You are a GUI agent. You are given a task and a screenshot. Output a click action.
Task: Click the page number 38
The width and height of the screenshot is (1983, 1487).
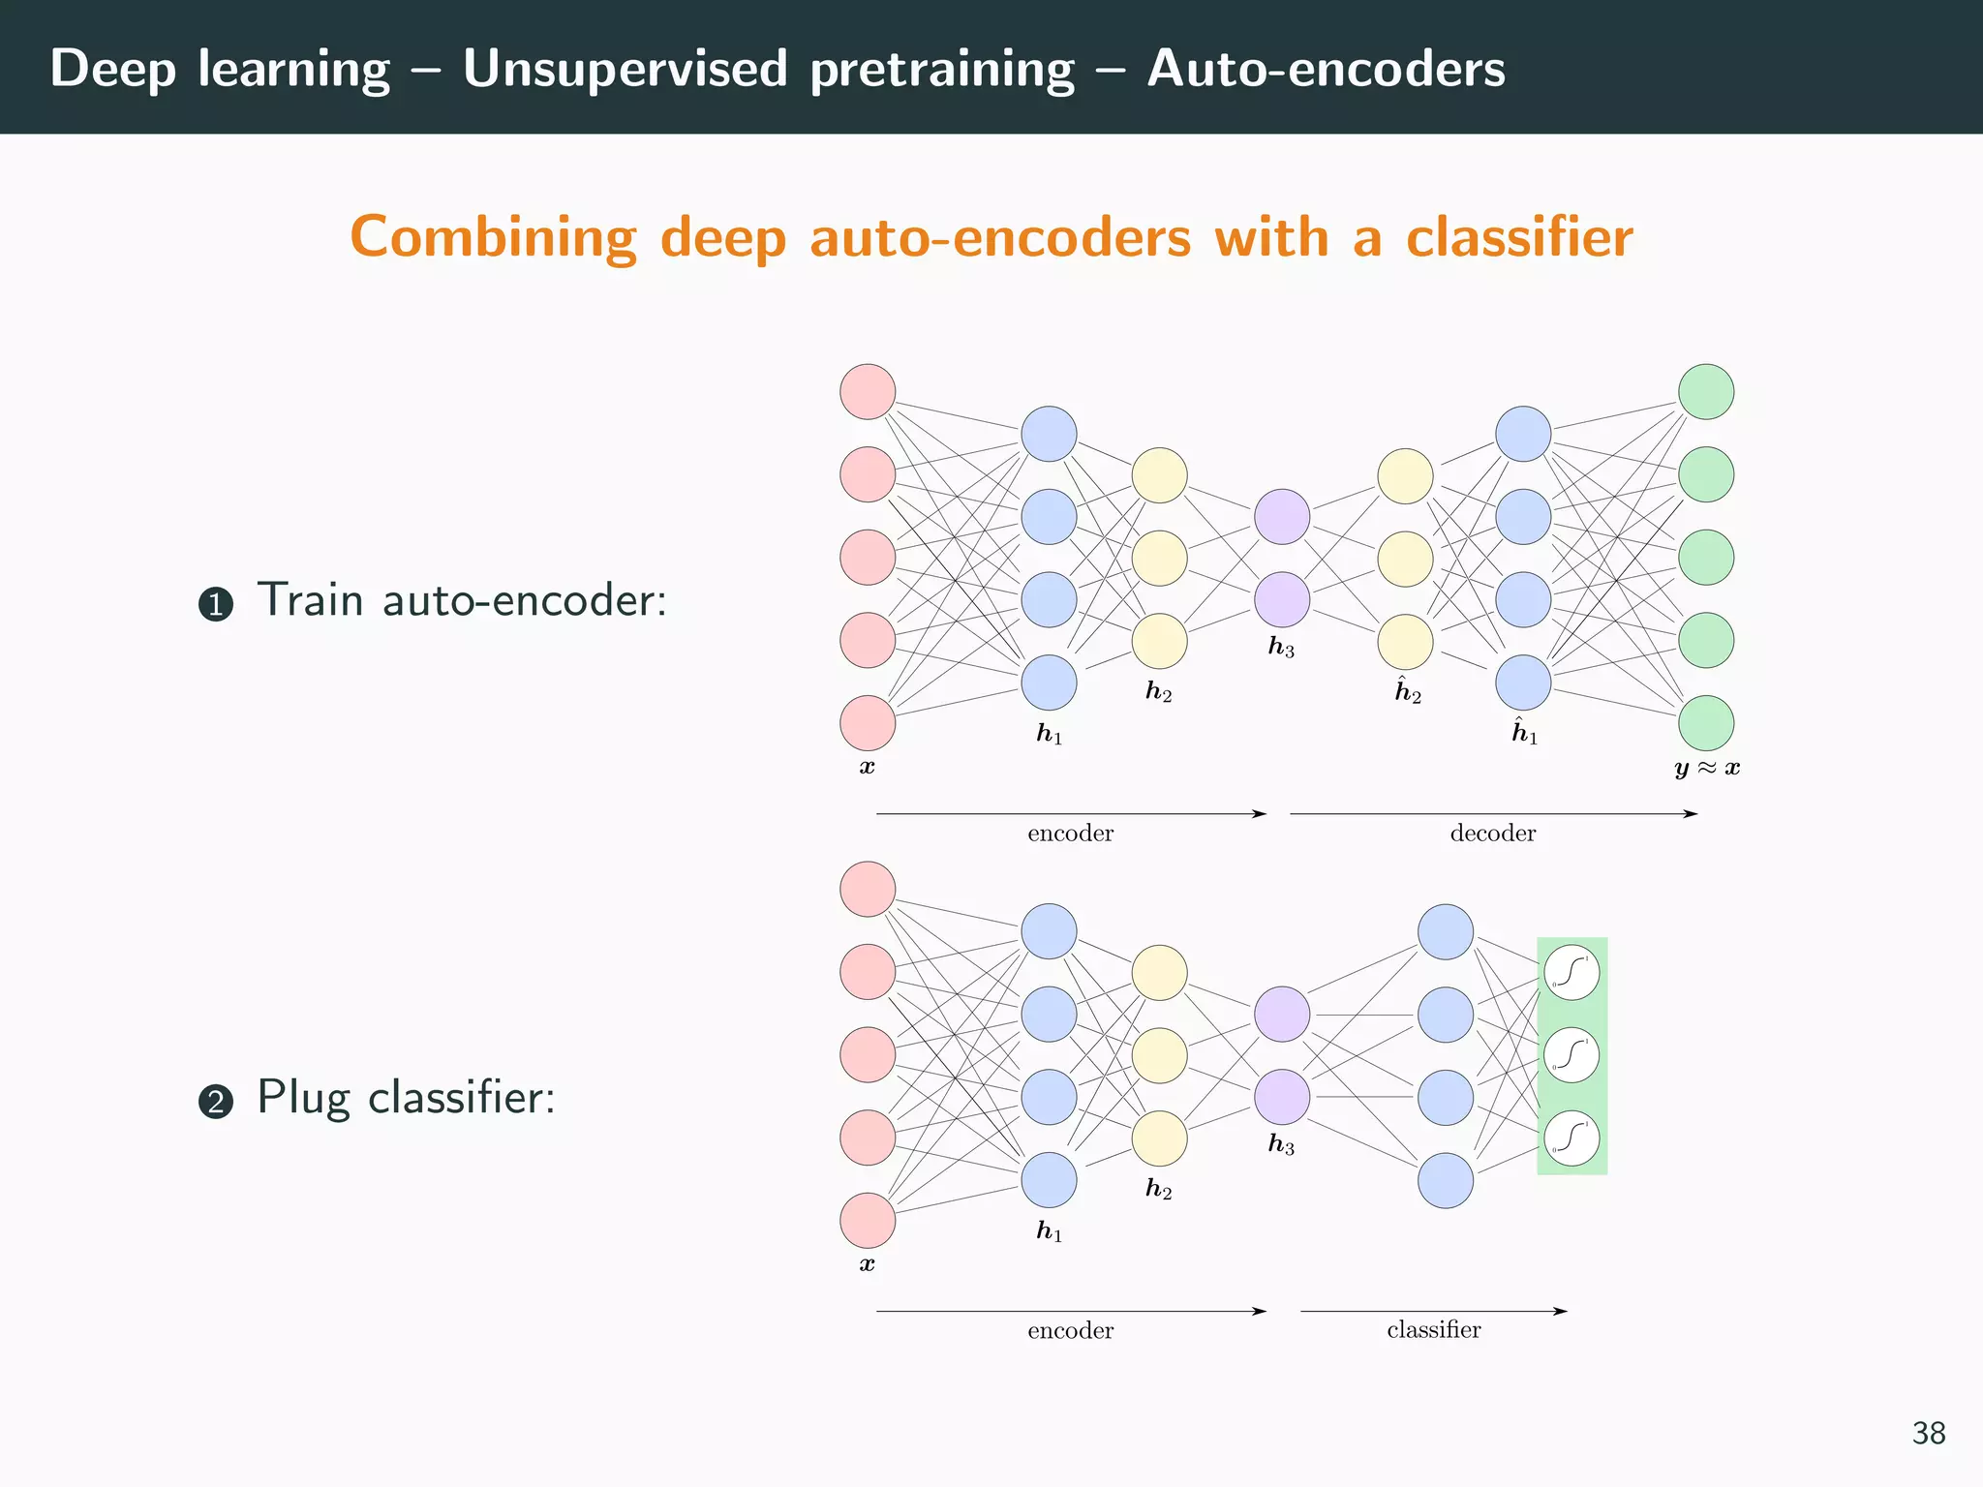pos(1928,1434)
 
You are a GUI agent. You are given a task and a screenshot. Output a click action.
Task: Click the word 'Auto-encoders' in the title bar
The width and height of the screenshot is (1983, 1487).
pos(1326,70)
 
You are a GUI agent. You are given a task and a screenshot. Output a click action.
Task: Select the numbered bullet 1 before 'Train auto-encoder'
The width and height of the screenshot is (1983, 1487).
pos(215,605)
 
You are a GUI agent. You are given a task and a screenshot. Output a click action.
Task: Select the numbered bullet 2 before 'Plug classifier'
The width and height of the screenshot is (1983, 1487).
pos(215,1103)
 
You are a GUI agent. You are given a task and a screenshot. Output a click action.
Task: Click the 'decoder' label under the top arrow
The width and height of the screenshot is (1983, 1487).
pos(1492,834)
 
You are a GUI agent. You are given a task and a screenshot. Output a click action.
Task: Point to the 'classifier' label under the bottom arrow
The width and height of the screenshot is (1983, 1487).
pos(1433,1330)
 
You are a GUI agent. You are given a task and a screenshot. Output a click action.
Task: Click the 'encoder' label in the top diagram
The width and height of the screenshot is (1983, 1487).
pos(1070,834)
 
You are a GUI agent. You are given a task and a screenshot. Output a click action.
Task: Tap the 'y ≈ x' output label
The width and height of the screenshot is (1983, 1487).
pos(1706,769)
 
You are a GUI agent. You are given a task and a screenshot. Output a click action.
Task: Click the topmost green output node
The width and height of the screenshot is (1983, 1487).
pos(1705,392)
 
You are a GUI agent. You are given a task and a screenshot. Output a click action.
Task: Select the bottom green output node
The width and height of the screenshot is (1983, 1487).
pos(1705,723)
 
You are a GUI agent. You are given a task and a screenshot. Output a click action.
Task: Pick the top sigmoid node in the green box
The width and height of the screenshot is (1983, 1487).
pos(1571,972)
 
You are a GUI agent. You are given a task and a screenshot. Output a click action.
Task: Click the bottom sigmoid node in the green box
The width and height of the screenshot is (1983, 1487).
pos(1571,1138)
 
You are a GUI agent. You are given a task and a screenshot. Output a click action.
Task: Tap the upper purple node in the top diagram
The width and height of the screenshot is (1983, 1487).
pos(1282,516)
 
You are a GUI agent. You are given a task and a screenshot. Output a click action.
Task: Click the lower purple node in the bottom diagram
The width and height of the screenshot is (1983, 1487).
pos(1282,1097)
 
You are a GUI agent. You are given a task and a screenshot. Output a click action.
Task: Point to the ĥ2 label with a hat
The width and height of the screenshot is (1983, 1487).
pos(1407,691)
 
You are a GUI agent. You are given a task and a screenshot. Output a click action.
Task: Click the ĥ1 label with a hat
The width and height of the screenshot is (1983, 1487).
pos(1524,732)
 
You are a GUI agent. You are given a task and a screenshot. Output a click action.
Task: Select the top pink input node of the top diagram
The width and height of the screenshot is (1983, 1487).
pos(868,392)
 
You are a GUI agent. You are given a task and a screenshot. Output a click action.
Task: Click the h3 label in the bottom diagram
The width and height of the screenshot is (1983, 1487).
pos(1281,1145)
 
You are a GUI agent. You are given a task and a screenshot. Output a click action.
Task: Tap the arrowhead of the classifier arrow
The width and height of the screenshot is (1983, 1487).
pos(1561,1311)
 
